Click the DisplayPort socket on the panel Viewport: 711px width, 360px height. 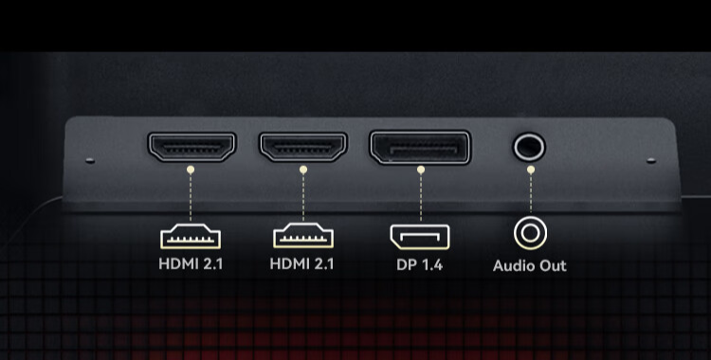pos(420,147)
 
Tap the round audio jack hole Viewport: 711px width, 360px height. pos(529,147)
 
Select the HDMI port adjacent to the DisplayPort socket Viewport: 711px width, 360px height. pos(303,147)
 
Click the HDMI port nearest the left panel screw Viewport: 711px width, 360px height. pos(191,147)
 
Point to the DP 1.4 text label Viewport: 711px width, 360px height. pos(419,264)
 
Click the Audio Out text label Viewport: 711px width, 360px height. pos(530,265)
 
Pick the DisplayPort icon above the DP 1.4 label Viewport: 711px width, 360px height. pos(420,237)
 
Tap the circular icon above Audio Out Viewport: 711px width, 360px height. pos(530,233)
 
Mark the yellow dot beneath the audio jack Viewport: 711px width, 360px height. pos(531,170)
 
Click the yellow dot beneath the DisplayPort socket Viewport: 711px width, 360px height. pos(421,170)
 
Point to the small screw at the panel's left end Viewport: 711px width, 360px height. pos(90,160)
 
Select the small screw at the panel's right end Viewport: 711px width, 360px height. pos(651,160)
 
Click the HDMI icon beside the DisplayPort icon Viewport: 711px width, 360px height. pos(303,236)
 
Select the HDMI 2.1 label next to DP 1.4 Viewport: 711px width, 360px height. pos(301,263)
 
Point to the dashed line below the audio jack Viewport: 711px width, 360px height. pos(531,193)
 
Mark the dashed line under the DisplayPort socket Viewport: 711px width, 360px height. pos(421,197)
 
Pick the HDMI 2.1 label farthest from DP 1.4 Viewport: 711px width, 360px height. pos(191,263)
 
